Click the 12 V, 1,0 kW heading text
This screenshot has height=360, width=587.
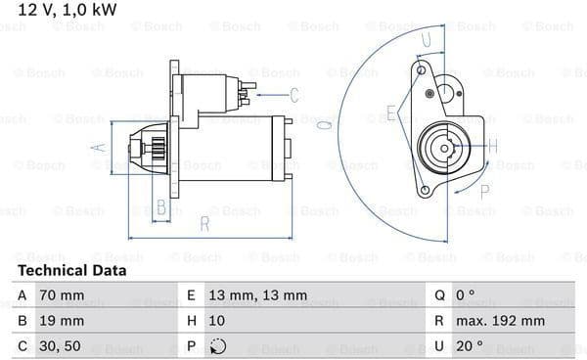pyautogui.click(x=68, y=10)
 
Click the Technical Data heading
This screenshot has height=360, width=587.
pyautogui.click(x=71, y=271)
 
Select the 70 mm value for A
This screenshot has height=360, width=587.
pyautogui.click(x=62, y=295)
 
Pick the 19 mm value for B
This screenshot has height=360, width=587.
pyautogui.click(x=62, y=321)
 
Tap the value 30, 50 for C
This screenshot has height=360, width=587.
pyautogui.click(x=60, y=346)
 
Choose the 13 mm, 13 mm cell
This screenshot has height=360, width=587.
pyautogui.click(x=258, y=295)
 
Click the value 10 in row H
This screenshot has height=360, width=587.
pyautogui.click(x=217, y=321)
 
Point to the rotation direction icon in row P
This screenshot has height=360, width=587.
pyautogui.click(x=218, y=346)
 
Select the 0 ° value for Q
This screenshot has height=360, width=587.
pyautogui.click(x=466, y=294)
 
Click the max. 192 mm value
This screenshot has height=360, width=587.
pyautogui.click(x=500, y=321)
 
